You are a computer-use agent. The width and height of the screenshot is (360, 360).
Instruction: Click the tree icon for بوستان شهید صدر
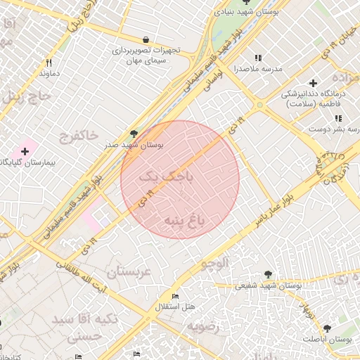pyautogui.click(x=134, y=134)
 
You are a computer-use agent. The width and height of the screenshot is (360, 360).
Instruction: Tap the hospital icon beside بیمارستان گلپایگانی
pyautogui.click(x=25, y=150)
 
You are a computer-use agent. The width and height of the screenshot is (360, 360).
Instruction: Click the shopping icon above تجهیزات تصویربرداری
pyautogui.click(x=146, y=39)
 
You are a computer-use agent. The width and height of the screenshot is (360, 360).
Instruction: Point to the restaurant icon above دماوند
pyautogui.click(x=49, y=63)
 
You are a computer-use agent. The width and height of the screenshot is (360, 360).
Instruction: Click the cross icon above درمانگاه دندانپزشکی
pyautogui.click(x=313, y=83)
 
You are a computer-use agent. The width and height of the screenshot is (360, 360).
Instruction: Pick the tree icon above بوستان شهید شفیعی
pyautogui.click(x=267, y=274)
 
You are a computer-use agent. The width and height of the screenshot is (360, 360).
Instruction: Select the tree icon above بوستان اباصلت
pyautogui.click(x=327, y=328)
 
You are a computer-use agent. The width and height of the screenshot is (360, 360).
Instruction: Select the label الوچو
pyautogui.click(x=215, y=264)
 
